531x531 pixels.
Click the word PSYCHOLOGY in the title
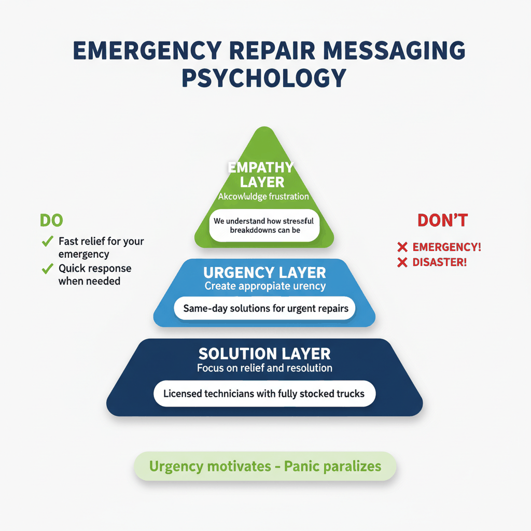(x=264, y=78)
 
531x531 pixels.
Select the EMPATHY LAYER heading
(x=260, y=175)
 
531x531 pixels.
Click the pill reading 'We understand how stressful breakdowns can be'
(x=264, y=226)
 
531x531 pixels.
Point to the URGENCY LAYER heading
(x=264, y=273)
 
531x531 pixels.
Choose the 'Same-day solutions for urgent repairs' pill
(x=264, y=309)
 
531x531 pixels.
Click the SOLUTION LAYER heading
(x=264, y=354)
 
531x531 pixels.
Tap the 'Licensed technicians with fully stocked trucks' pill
(x=264, y=394)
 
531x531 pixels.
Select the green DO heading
(x=51, y=220)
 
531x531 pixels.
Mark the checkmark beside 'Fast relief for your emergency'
(x=48, y=241)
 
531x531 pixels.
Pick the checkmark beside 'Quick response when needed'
(x=48, y=268)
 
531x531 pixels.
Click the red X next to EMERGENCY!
(x=402, y=247)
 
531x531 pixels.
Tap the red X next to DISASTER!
(x=402, y=262)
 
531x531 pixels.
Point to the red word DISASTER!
(x=440, y=262)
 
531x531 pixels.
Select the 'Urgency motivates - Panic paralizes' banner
(x=265, y=466)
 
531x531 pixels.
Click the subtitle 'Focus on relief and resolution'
(x=264, y=368)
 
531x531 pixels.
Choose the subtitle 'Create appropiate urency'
(x=264, y=286)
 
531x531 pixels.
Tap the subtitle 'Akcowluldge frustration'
(x=263, y=197)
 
